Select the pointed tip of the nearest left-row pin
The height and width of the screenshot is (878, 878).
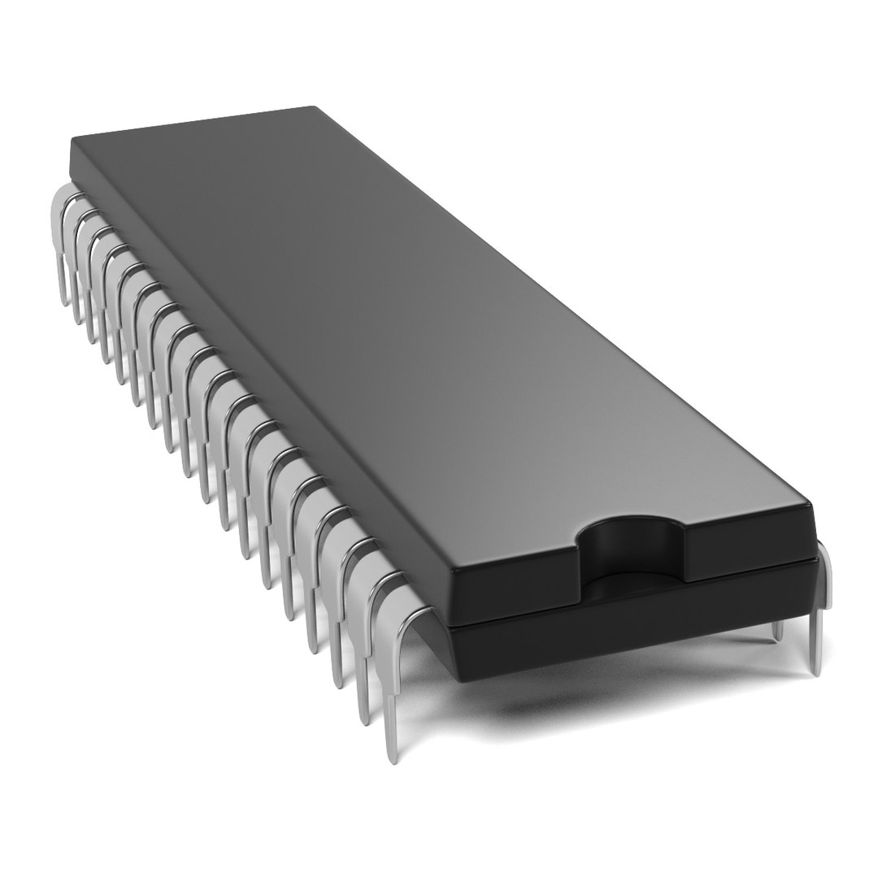click(393, 758)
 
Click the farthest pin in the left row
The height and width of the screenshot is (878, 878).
click(62, 244)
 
